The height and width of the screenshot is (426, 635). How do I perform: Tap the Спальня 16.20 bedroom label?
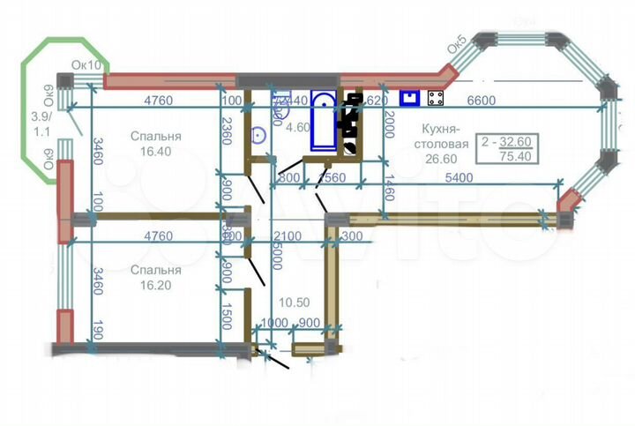click(153, 278)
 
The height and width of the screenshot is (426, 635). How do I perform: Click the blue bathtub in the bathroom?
click(324, 124)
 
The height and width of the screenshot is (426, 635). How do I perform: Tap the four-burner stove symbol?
click(436, 97)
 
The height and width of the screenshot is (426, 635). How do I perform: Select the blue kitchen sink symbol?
click(409, 97)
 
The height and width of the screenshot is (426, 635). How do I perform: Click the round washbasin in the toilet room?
click(259, 135)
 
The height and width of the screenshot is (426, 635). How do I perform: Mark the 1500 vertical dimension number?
click(227, 317)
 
